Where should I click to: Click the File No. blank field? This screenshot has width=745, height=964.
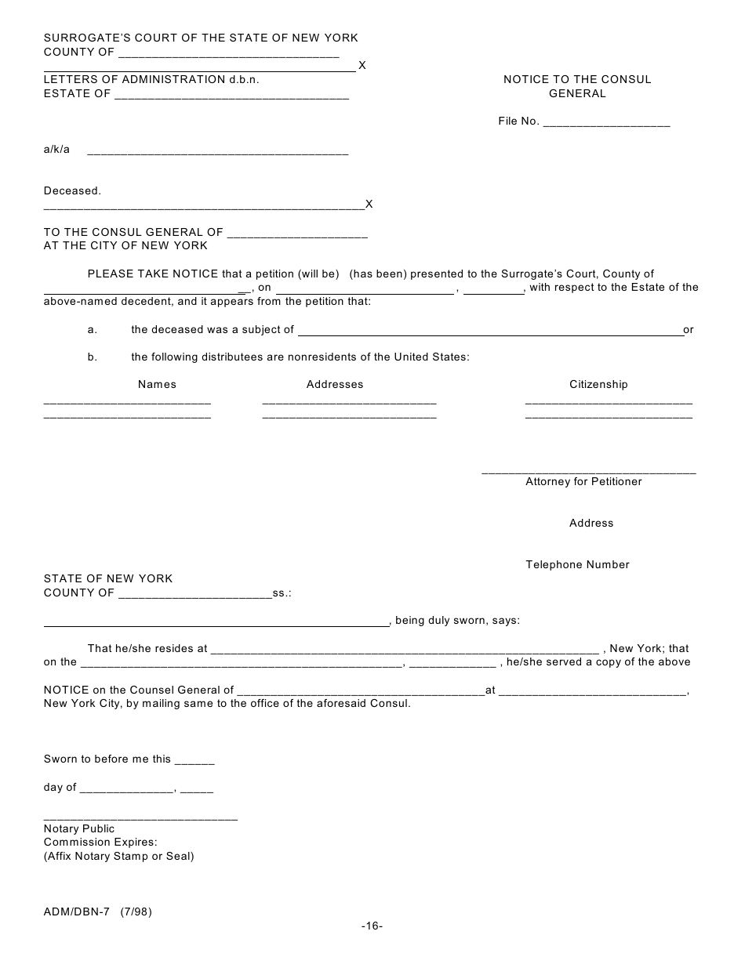(x=606, y=122)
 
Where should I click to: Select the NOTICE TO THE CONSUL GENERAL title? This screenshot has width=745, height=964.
(x=577, y=86)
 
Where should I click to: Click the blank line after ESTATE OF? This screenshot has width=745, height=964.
(x=231, y=95)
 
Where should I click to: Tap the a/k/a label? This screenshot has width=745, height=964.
(x=56, y=150)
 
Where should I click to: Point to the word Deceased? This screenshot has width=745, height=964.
(x=72, y=190)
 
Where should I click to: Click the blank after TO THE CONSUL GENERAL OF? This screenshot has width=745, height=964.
(x=296, y=233)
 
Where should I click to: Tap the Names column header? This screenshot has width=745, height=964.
(x=157, y=384)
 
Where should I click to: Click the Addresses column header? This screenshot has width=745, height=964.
(x=335, y=384)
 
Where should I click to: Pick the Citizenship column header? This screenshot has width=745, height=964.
(x=598, y=384)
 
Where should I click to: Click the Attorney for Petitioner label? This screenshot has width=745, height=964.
(x=583, y=481)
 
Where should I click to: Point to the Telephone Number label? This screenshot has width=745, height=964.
(x=577, y=564)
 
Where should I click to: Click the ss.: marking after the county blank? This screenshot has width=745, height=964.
(x=282, y=593)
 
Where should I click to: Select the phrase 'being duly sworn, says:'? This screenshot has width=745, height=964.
(x=457, y=621)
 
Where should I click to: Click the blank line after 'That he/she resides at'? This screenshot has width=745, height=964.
(x=405, y=649)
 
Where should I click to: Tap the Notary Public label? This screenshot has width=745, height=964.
(x=79, y=828)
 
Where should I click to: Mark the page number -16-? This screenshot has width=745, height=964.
(x=372, y=926)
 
